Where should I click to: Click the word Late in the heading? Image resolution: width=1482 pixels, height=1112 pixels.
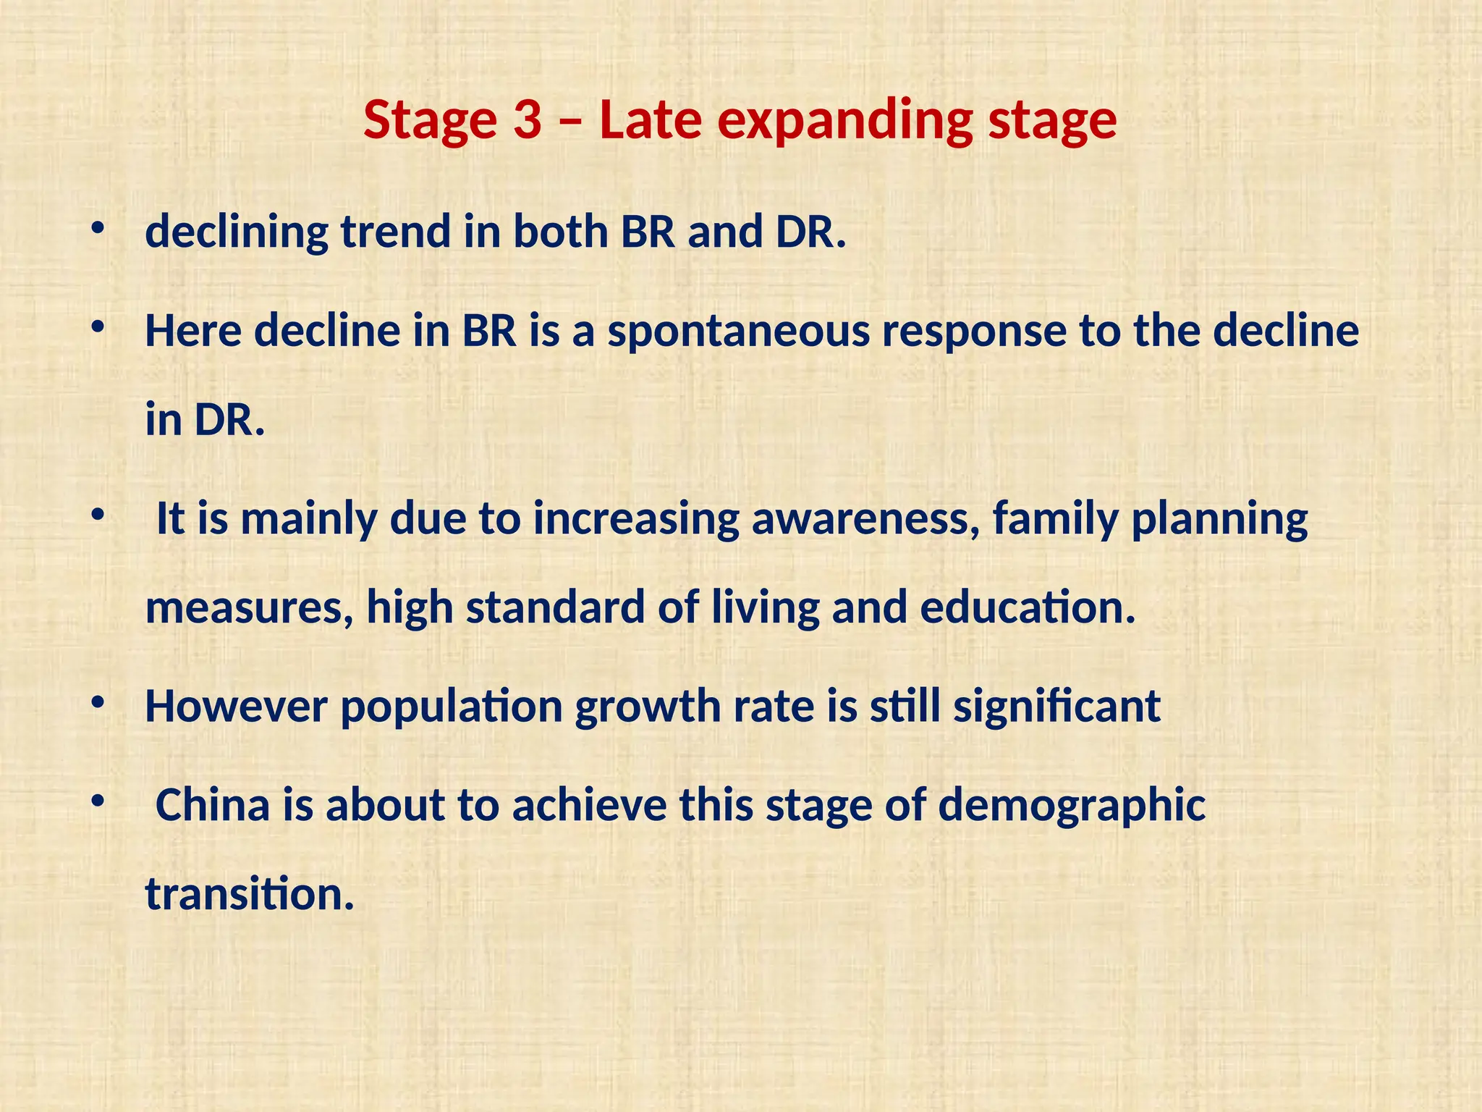pos(650,120)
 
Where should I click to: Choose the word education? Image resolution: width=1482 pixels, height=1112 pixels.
pos(1027,607)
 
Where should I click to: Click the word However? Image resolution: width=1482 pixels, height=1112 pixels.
pos(236,707)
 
